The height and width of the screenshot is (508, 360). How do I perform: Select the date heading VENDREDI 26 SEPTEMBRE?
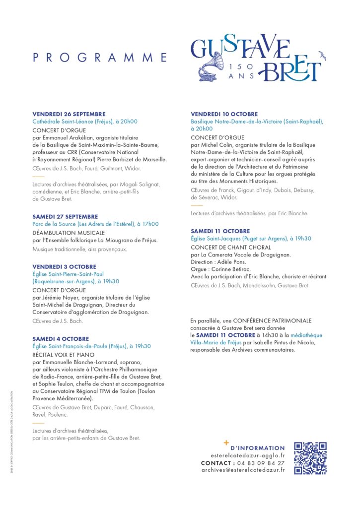[x=69, y=114]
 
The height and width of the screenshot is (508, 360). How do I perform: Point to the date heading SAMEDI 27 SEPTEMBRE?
[x=66, y=217]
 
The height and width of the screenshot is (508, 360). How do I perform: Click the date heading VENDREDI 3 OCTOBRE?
[x=65, y=266]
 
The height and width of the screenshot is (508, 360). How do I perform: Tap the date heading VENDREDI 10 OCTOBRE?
[x=224, y=114]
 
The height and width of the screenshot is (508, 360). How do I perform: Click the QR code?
[x=310, y=458]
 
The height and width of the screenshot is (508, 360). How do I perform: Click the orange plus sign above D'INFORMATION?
[x=226, y=442]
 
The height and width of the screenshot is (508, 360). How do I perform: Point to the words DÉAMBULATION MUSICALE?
[x=69, y=233]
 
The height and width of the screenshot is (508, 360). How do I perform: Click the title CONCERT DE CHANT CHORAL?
[x=231, y=247]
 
